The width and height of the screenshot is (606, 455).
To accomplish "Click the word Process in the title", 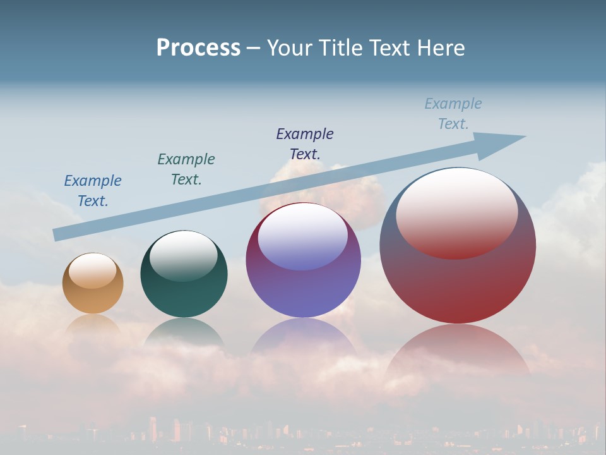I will [198, 48].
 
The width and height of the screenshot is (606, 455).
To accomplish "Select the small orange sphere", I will [93, 294].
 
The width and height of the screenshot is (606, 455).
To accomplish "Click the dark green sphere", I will [184, 291].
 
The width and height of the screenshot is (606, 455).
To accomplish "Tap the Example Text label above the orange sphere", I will [93, 191].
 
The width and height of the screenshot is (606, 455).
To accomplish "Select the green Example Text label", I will [186, 169].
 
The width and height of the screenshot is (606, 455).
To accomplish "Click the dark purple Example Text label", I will [305, 143].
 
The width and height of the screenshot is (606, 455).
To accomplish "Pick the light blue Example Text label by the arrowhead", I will [453, 114].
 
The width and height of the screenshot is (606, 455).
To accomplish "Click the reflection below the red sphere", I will [458, 351].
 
